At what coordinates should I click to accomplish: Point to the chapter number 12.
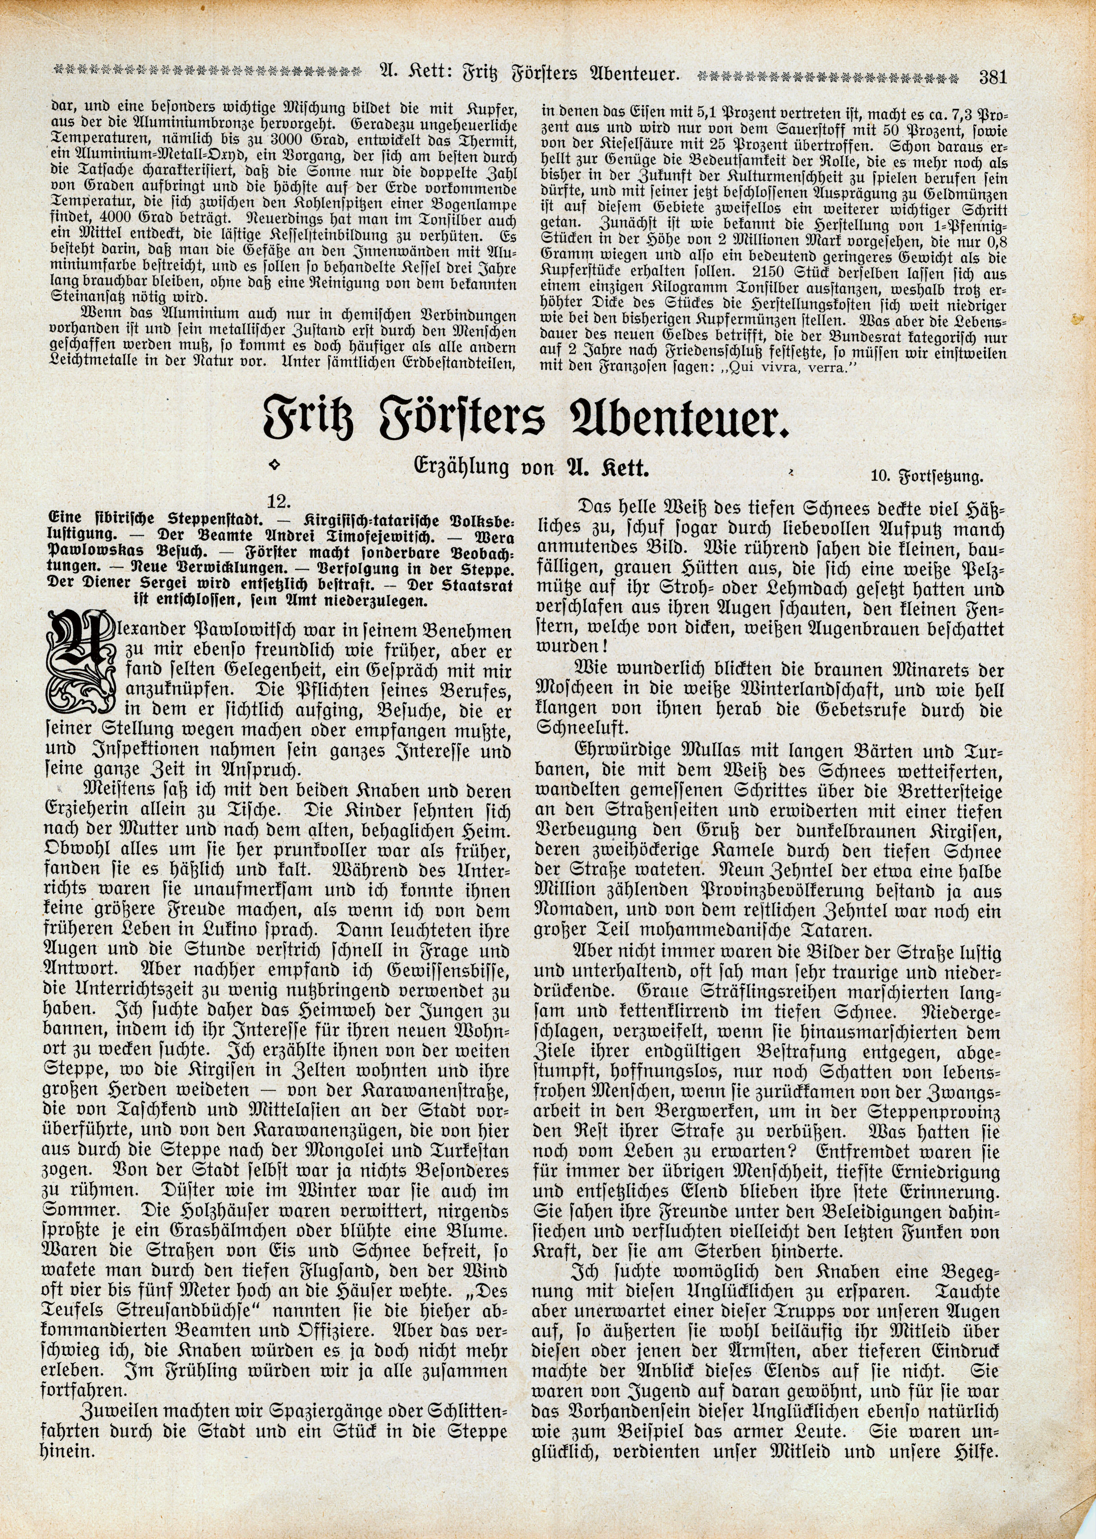click(279, 502)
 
